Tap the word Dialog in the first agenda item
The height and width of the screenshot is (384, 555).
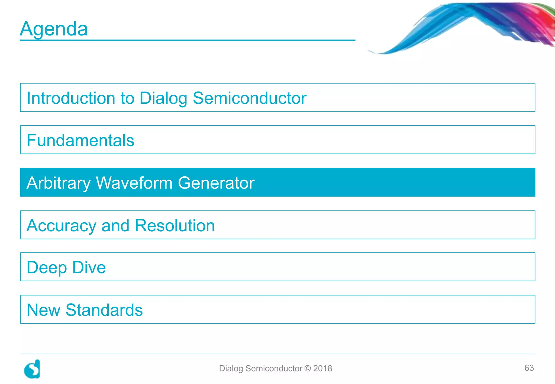coord(163,98)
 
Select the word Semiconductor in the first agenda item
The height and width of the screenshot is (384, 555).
coord(249,98)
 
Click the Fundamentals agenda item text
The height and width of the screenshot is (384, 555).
coord(80,140)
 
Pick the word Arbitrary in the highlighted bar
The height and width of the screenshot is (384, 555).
coord(59,183)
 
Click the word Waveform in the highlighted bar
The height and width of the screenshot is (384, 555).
coord(134,183)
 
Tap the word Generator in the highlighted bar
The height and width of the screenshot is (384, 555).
coord(216,183)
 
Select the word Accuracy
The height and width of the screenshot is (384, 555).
coord(62,226)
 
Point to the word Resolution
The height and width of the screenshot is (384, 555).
coord(175,225)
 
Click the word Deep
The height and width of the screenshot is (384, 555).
coord(47,268)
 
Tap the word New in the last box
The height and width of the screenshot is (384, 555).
coord(43,310)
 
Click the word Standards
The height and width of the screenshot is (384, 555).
coord(104,310)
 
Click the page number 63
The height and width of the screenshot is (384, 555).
coord(529,368)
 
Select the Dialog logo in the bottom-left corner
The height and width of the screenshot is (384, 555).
coord(32,369)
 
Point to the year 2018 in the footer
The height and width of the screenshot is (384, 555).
coord(322,368)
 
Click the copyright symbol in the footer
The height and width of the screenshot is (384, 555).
coord(308,368)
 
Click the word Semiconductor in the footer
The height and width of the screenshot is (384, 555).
coord(274,368)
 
